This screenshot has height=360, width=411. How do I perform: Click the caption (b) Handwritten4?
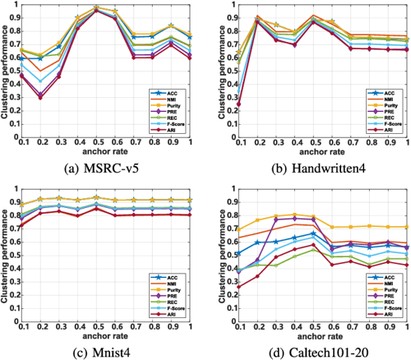(x=312, y=173)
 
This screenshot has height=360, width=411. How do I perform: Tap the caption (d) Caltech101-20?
(x=312, y=352)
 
